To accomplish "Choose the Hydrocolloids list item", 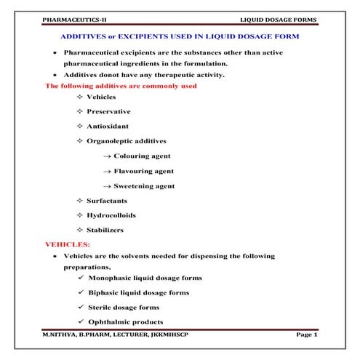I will (111, 215).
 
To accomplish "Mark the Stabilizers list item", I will (105, 230).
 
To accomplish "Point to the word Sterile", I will (103, 307).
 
